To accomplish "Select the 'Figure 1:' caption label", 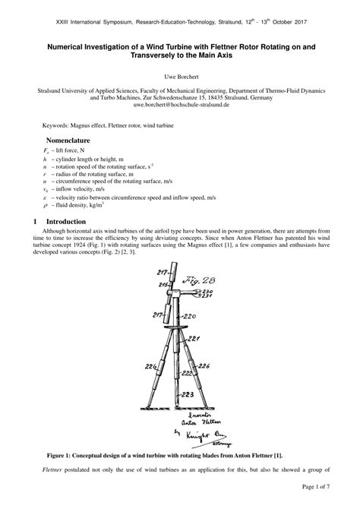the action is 64,454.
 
